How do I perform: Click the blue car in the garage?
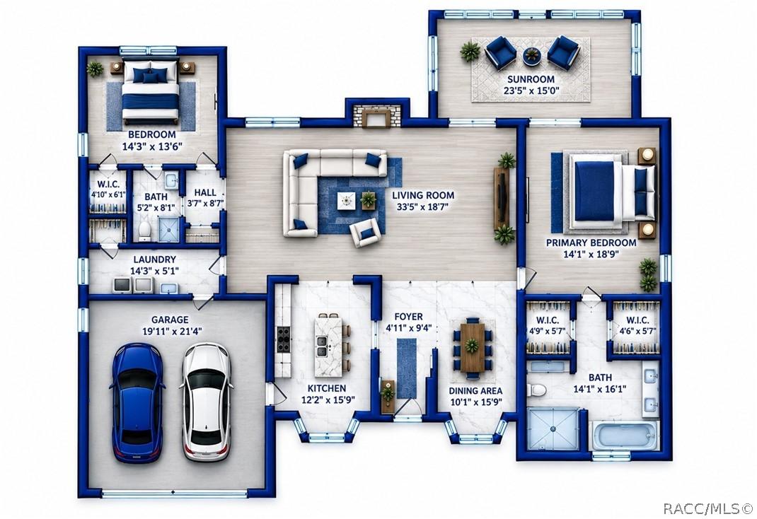pos(137,403)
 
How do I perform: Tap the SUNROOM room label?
pos(531,79)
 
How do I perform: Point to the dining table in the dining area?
pos(472,347)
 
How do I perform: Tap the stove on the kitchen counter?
pos(283,339)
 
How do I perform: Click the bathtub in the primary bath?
pos(625,436)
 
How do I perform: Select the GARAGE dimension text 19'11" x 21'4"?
pos(172,332)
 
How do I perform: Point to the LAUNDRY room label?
pos(154,259)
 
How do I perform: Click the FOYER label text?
pos(408,317)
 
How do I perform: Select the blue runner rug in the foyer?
pos(407,368)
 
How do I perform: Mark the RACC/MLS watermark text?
pos(707,508)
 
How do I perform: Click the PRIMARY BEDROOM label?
pos(591,243)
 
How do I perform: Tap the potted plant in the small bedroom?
pos(95,69)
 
